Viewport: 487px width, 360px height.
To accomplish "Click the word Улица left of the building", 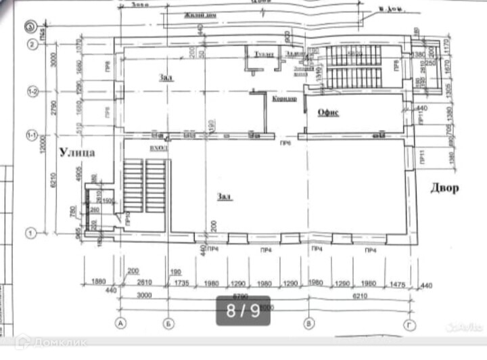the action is click(x=76, y=153).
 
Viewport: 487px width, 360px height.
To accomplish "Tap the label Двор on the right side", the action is click(x=444, y=188).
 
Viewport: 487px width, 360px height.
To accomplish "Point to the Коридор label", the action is click(x=284, y=99).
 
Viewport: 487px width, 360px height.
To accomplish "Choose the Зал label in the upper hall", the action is click(x=166, y=77).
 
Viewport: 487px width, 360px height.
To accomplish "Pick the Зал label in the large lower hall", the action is click(x=225, y=196).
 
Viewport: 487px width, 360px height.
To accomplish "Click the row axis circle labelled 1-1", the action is click(x=31, y=135).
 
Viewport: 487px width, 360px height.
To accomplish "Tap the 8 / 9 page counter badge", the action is click(x=243, y=311).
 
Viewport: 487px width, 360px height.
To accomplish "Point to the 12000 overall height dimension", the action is click(x=42, y=143).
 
